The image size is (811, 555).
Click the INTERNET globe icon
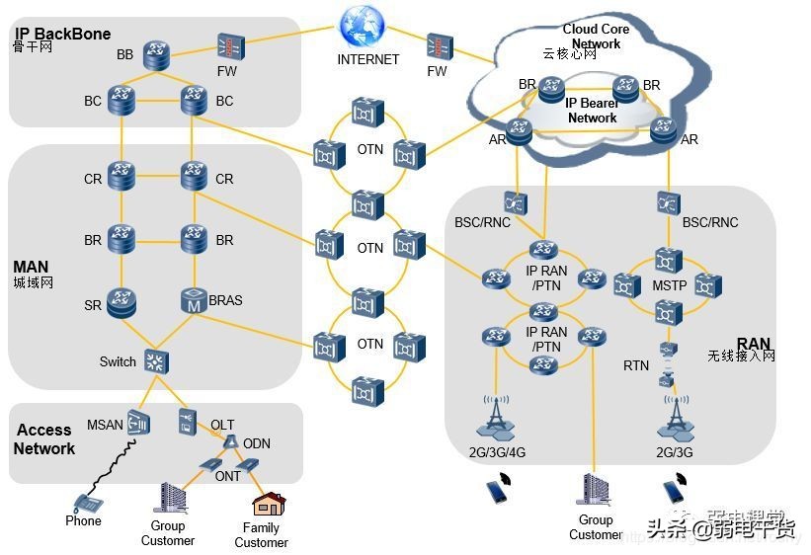coord(362,26)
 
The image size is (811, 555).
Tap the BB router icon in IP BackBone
coord(156,53)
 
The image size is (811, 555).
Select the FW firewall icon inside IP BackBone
coord(230,46)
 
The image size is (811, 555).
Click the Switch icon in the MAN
coord(156,360)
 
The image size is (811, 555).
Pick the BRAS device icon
coord(194,300)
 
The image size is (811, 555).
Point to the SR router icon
coord(122,300)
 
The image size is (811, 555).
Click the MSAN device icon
coord(138,423)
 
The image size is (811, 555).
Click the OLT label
coord(222,425)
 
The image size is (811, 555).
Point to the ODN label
coord(257,443)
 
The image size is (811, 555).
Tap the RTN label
coord(636,365)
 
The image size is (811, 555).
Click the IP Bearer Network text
coord(592,110)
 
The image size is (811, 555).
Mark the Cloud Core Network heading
coord(596,37)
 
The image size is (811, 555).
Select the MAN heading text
coord(31,267)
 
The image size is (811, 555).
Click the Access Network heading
coord(44,439)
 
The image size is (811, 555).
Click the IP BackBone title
coord(63,34)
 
